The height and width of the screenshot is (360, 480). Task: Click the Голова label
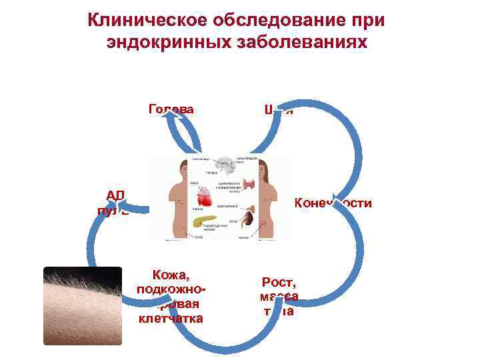171,109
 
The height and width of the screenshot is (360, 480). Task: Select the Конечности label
333,203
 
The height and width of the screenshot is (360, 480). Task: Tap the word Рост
279,283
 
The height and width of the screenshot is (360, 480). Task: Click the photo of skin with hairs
83,305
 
